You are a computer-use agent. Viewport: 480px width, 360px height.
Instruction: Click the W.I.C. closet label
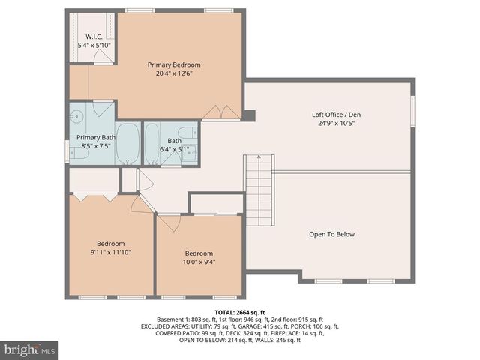click(94, 37)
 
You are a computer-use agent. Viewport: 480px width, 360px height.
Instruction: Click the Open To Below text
click(331, 234)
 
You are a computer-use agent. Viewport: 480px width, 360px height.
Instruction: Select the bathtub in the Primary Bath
click(129, 144)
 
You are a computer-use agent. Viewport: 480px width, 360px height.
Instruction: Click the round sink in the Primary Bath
click(76, 117)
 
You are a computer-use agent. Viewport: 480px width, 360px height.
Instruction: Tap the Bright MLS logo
click(30, 349)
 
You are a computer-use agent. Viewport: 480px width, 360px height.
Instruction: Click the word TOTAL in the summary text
click(225, 311)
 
